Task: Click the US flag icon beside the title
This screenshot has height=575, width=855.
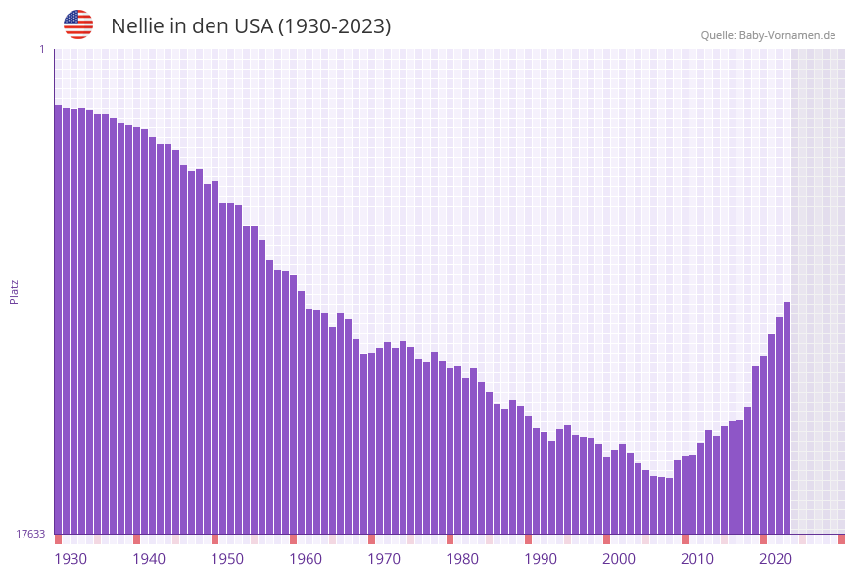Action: click(78, 24)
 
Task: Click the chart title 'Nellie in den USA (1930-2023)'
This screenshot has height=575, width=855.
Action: click(251, 26)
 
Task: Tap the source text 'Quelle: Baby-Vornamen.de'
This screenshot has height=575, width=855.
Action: click(768, 35)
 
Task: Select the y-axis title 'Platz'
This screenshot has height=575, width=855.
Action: click(15, 291)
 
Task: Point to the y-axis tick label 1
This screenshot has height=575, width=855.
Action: click(41, 49)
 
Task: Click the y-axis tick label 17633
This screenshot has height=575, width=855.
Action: click(30, 534)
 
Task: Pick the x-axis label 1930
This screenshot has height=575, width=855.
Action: click(71, 559)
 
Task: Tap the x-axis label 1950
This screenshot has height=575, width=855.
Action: click(227, 559)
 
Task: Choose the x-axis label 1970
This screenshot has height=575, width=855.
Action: click(384, 559)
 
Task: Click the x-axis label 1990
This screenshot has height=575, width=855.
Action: click(541, 559)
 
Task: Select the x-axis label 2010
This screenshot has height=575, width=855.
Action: click(697, 559)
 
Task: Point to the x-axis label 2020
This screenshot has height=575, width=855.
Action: click(776, 559)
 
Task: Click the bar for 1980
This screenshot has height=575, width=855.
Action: click(450, 451)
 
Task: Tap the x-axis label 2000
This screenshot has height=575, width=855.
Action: click(619, 559)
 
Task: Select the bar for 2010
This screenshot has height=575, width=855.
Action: click(685, 496)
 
